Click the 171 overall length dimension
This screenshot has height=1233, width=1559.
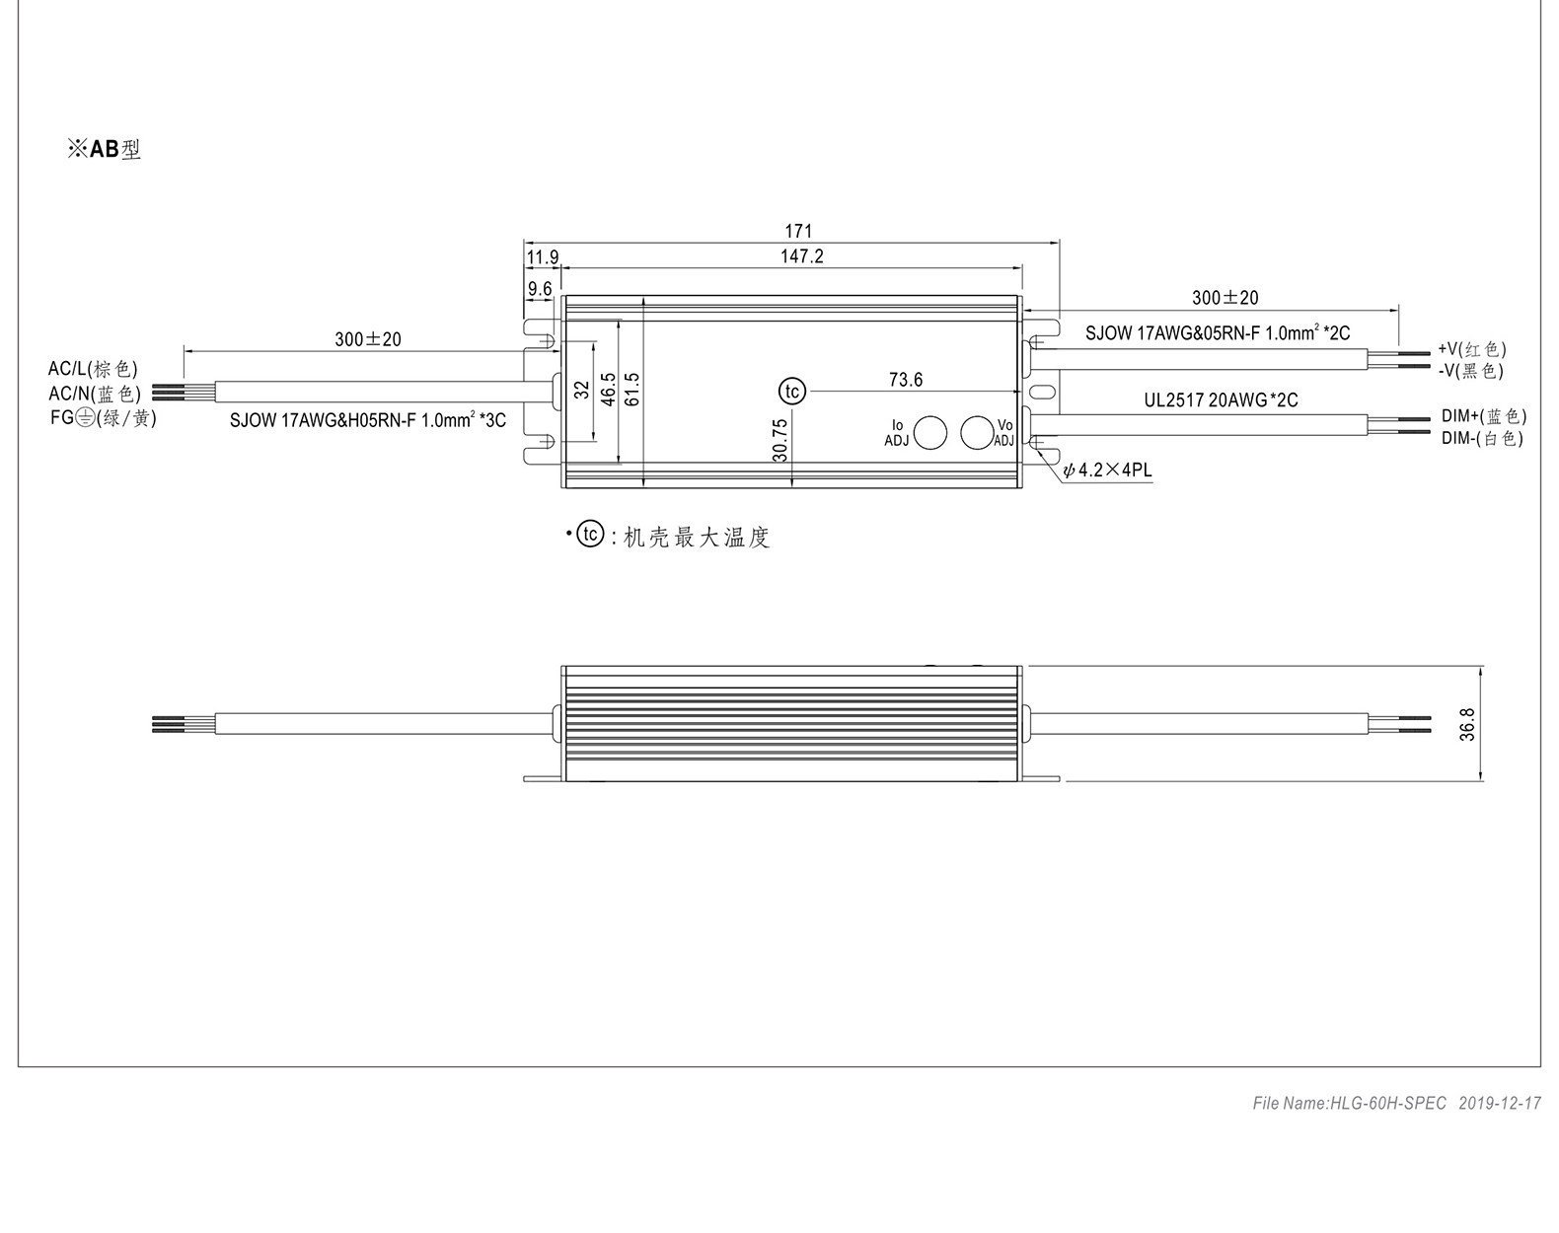tap(798, 231)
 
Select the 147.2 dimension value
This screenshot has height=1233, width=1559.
tap(801, 256)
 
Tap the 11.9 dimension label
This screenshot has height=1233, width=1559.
tap(542, 257)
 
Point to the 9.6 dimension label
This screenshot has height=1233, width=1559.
tap(540, 289)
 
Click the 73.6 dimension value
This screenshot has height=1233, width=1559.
tap(906, 380)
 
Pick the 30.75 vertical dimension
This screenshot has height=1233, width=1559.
tap(779, 441)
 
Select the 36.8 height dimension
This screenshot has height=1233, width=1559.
tap(1467, 724)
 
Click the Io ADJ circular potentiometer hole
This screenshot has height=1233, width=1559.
tap(930, 432)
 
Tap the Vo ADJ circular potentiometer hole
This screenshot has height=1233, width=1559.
tap(977, 432)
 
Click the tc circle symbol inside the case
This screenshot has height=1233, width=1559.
tap(791, 392)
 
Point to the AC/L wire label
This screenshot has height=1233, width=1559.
tap(93, 369)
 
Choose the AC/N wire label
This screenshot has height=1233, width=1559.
tap(94, 394)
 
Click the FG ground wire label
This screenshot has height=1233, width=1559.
tap(104, 418)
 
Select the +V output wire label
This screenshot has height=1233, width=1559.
tap(1472, 349)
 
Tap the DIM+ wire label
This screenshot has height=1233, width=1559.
tap(1484, 416)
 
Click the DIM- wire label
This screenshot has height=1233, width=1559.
tap(1482, 438)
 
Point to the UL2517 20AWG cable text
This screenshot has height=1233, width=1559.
tap(1221, 399)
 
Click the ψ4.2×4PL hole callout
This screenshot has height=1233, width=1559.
tap(1107, 471)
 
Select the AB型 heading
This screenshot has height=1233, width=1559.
tap(104, 149)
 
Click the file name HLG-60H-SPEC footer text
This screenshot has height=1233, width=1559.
tap(1350, 1104)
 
